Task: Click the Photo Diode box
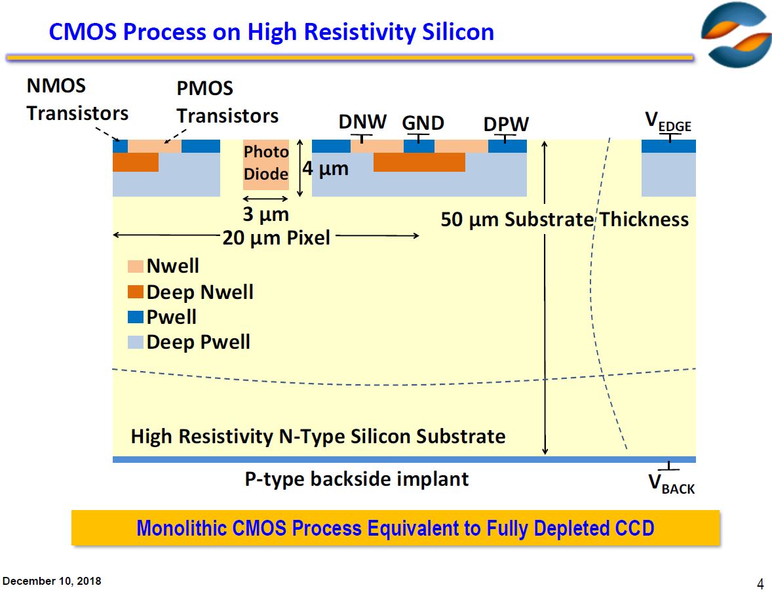tap(265, 164)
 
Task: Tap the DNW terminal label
tap(362, 122)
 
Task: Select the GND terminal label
tap(423, 123)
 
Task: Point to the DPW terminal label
tap(506, 124)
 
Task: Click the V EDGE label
tap(668, 122)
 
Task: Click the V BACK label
tap(671, 484)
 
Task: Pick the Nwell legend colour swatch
tap(136, 267)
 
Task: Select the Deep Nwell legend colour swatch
tap(136, 292)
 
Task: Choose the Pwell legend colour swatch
tap(136, 317)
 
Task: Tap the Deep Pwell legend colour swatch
tap(136, 342)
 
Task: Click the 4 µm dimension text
tap(325, 169)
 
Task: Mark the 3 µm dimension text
tap(265, 214)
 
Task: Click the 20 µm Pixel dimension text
tap(276, 237)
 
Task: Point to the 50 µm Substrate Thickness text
tap(564, 219)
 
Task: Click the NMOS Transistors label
tap(77, 100)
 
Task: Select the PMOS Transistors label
tap(227, 102)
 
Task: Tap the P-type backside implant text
tap(357, 479)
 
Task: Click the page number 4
tap(760, 584)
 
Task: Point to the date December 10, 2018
tap(52, 582)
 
